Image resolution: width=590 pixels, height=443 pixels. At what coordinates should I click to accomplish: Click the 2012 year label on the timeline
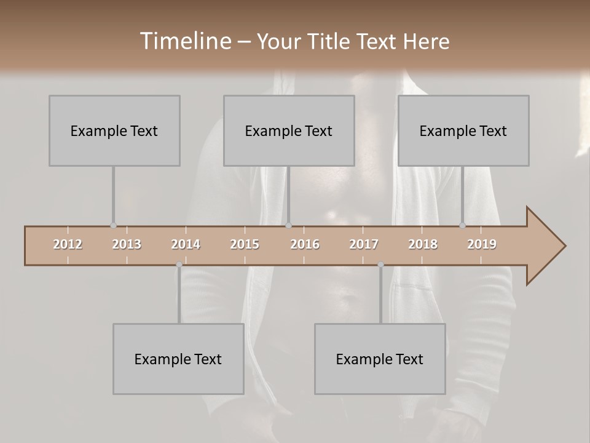(x=68, y=244)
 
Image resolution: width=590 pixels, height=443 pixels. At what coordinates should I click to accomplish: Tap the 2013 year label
(x=127, y=244)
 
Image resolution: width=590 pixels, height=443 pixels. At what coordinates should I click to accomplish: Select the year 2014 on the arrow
(x=186, y=244)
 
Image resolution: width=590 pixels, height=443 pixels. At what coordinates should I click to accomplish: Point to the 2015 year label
(x=245, y=244)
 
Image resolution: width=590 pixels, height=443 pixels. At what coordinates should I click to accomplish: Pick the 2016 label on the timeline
(x=305, y=244)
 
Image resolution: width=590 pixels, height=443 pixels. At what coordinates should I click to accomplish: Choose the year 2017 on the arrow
(x=364, y=244)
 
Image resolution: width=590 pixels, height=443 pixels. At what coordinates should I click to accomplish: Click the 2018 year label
(x=423, y=244)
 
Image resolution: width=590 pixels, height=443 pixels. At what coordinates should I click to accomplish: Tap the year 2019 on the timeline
(x=482, y=244)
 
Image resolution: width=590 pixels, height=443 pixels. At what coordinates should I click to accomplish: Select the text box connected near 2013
(x=114, y=130)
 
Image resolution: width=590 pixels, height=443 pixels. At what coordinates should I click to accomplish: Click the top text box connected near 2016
(x=289, y=130)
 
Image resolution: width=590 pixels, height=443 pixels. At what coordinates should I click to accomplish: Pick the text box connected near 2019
(x=463, y=130)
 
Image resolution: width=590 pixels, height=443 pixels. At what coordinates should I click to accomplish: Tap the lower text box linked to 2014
(x=178, y=359)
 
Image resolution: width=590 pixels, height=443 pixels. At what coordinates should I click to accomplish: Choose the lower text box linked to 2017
(x=380, y=359)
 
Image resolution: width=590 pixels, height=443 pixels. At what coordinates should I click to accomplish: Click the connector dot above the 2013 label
(x=113, y=225)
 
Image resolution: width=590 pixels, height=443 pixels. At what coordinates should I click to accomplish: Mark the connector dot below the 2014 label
(x=179, y=265)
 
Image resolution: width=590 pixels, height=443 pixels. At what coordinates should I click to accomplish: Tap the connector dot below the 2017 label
(x=380, y=265)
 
